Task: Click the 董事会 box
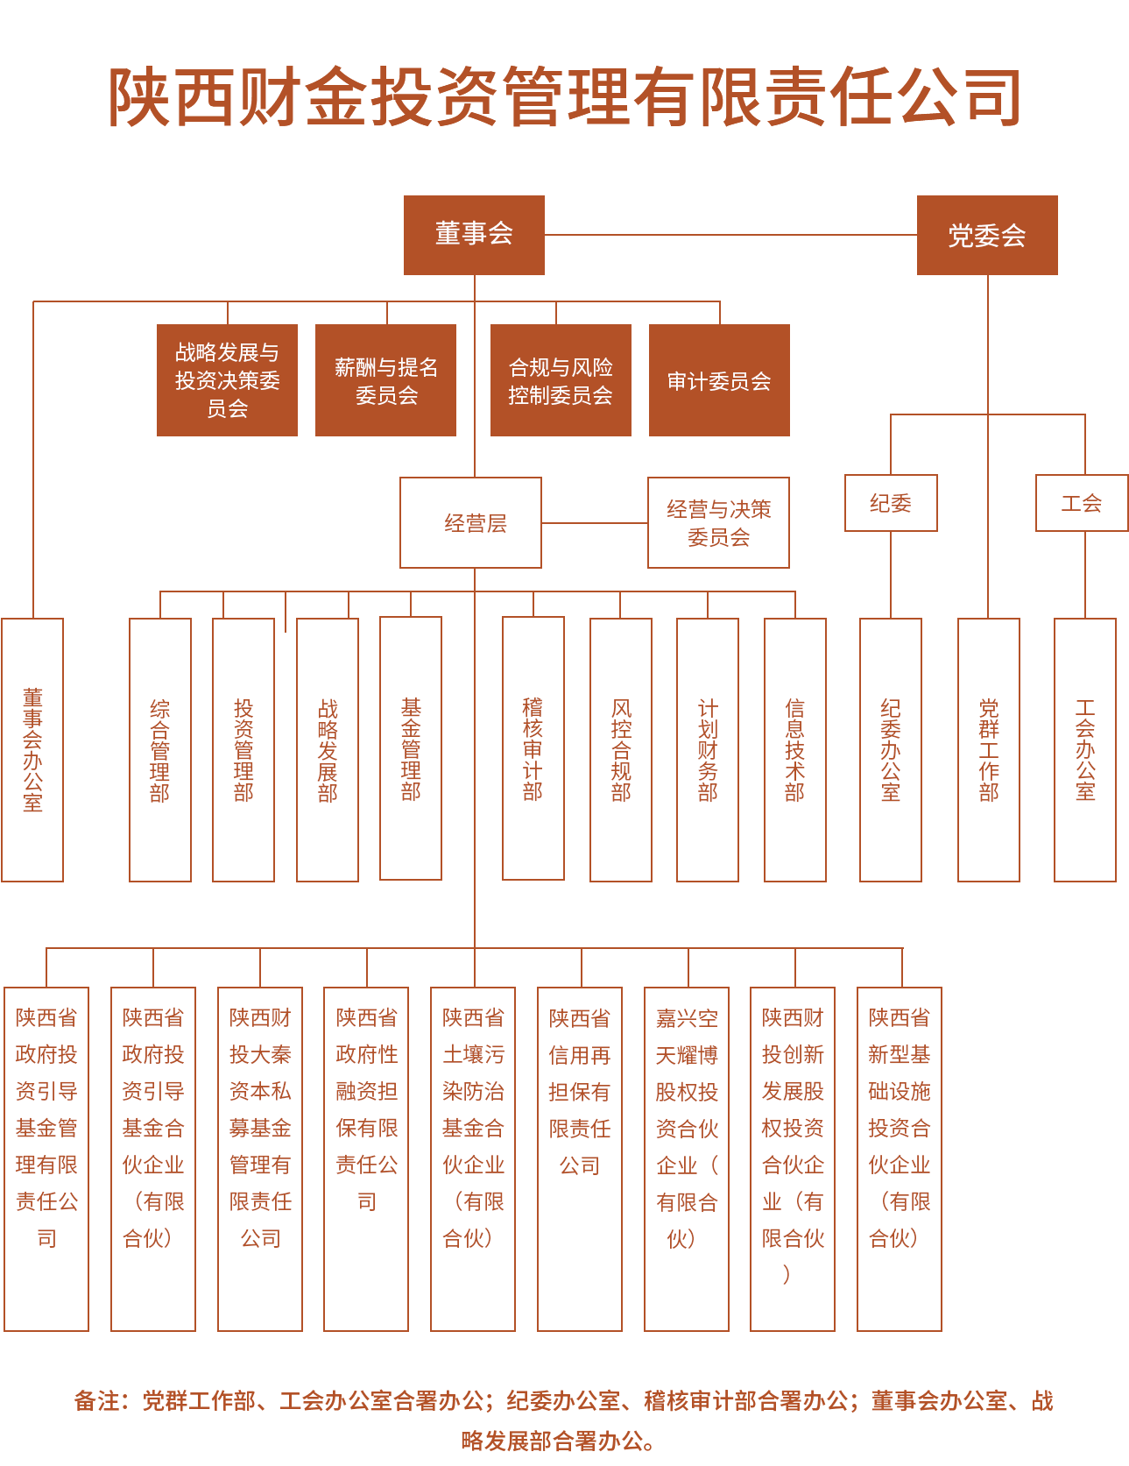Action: click(x=474, y=235)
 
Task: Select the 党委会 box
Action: click(x=987, y=235)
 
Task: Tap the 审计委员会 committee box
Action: click(x=719, y=380)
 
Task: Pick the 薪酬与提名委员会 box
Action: click(x=385, y=380)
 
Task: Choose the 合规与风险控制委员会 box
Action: click(x=561, y=380)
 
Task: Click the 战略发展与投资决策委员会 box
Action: click(x=227, y=380)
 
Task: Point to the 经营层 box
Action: click(x=470, y=522)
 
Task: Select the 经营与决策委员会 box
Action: click(x=718, y=522)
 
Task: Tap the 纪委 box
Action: click(x=891, y=503)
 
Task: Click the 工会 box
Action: click(x=1082, y=503)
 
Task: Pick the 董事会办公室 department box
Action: click(x=32, y=750)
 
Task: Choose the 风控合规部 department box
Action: click(x=621, y=750)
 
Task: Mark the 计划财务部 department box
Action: click(x=708, y=750)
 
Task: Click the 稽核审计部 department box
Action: click(x=533, y=748)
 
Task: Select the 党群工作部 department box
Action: click(x=989, y=750)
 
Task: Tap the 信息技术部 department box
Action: click(x=795, y=750)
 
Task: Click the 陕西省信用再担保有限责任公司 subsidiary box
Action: click(x=580, y=1159)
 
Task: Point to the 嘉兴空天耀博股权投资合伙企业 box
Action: click(x=687, y=1159)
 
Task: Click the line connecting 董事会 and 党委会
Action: click(x=730, y=235)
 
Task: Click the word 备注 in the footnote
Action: click(x=96, y=1401)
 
